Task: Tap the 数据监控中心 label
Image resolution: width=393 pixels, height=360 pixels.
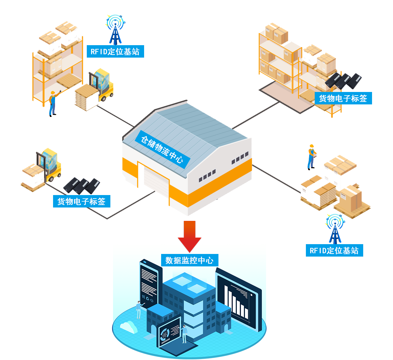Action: click(189, 261)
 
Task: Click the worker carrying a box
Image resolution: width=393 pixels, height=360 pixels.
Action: click(311, 157)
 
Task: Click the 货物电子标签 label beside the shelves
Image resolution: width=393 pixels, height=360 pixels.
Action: click(343, 98)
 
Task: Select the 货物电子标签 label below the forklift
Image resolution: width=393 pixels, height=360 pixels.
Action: click(81, 201)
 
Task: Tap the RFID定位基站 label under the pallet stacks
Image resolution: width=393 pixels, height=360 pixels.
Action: click(334, 251)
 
